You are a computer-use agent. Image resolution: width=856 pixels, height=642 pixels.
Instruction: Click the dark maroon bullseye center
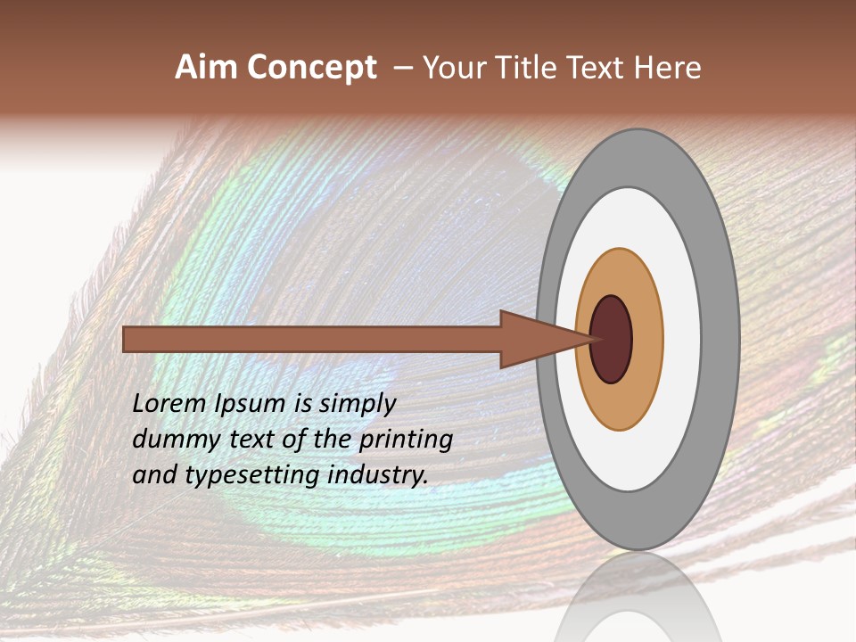611,339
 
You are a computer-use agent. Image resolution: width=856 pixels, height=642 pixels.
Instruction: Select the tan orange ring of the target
646,339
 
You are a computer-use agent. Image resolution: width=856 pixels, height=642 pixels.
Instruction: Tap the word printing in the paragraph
406,439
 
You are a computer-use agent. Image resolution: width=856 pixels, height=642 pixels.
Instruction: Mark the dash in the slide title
402,68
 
